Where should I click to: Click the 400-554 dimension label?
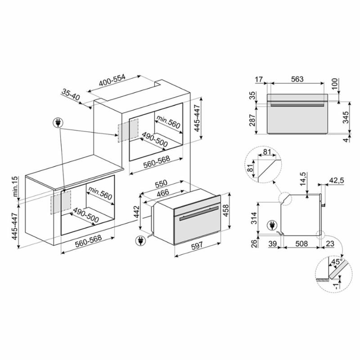click(x=112, y=80)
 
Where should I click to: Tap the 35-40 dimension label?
click(x=71, y=94)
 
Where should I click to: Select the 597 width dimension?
click(x=197, y=245)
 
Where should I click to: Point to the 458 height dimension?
click(x=226, y=211)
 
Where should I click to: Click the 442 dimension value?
click(x=136, y=211)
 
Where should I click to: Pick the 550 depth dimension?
click(x=161, y=184)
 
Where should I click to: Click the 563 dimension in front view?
click(x=297, y=79)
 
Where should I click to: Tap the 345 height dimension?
click(x=346, y=117)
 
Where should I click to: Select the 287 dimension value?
click(x=252, y=120)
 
